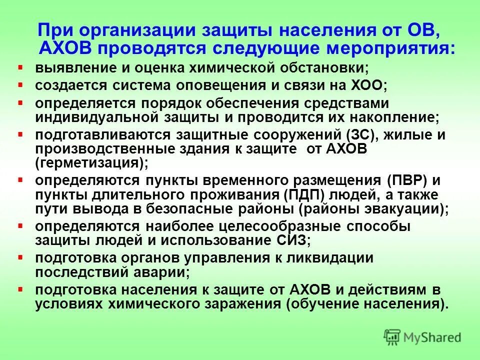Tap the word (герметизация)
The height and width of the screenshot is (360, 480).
pos(92,163)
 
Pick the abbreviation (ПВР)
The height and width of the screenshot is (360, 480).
pos(406,180)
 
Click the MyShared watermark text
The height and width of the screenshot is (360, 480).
pos(433,337)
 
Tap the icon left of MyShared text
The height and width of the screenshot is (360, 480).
pos(392,336)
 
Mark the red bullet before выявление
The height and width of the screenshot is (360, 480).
pos(20,66)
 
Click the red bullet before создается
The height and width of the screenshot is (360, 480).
pos(20,83)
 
